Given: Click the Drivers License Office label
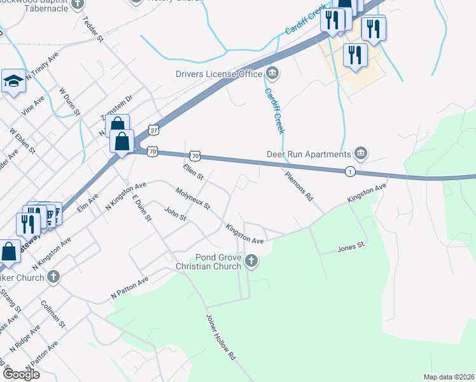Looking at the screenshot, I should pos(219,74).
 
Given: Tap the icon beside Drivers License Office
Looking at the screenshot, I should pos(272,74).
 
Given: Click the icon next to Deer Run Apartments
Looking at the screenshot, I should pos(361,153).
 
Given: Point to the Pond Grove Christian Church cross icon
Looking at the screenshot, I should pos(252,260).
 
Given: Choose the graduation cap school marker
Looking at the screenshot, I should pos(13,81).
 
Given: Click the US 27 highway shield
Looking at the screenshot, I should pos(153,130).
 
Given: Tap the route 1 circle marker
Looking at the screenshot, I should pos(349,171).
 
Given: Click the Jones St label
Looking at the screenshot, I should pos(351,245).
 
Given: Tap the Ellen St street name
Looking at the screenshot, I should pos(192,171).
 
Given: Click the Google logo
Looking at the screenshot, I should pos(21,374).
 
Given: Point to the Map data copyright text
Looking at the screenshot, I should pos(449,377).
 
